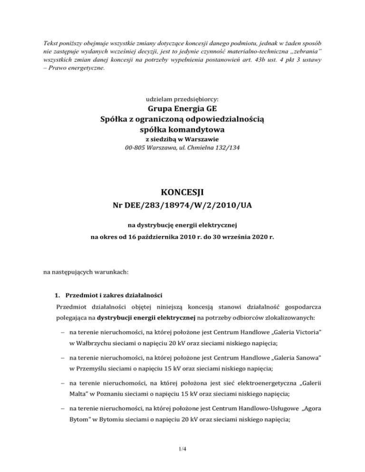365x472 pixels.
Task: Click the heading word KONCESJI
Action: (182, 195)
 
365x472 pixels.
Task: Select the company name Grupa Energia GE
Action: (182, 112)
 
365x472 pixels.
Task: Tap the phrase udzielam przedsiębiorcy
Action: (182, 100)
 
